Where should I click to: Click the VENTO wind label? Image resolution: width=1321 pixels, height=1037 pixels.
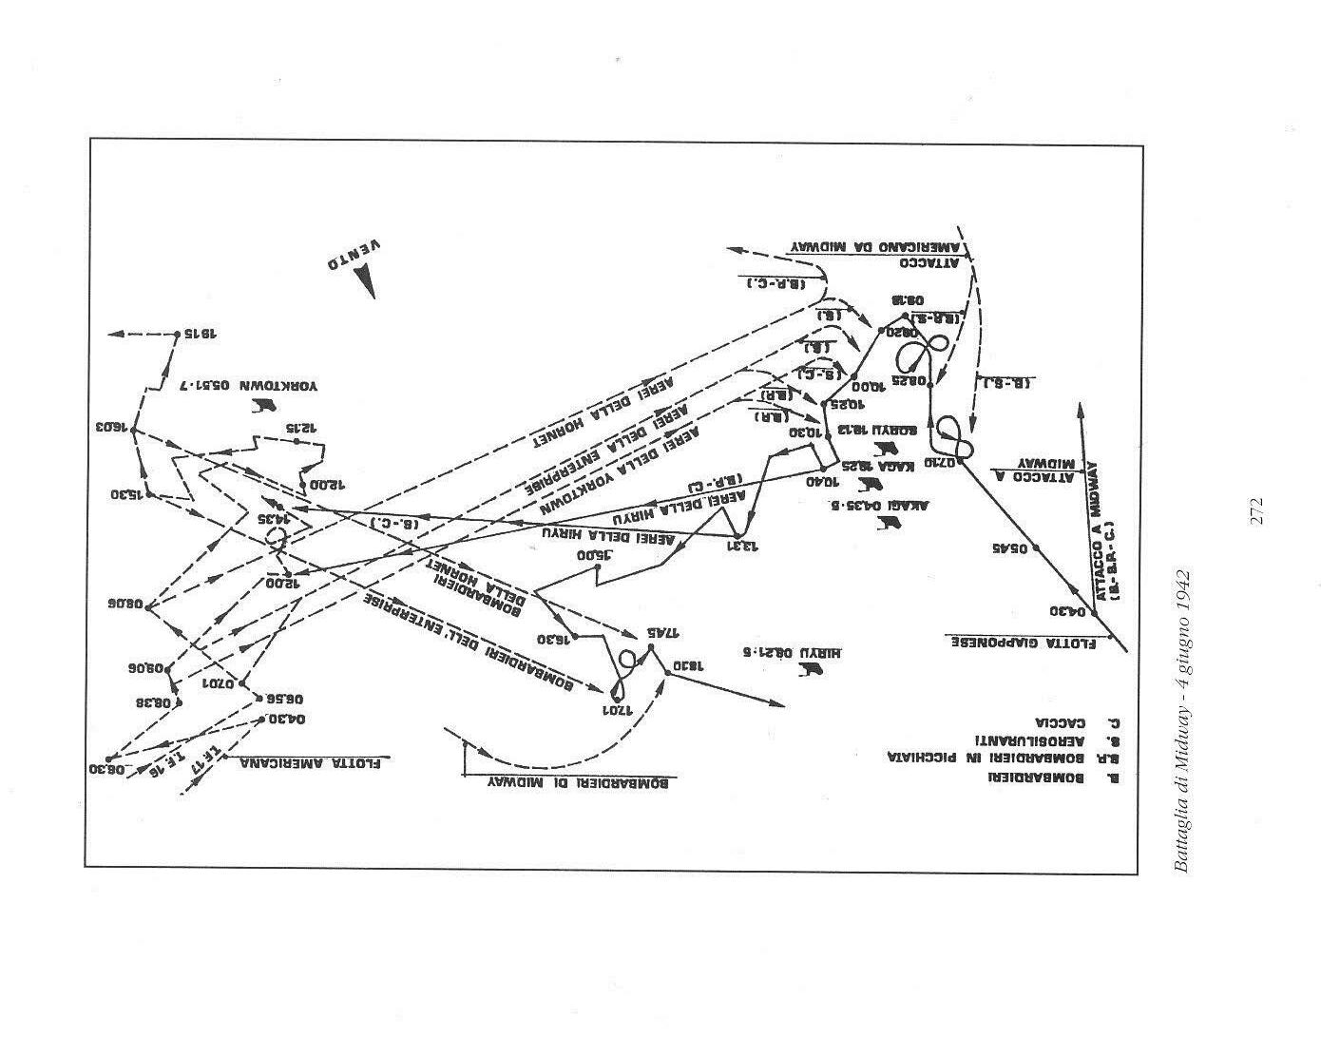(354, 254)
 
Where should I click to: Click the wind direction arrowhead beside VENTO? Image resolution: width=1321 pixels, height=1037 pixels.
(364, 281)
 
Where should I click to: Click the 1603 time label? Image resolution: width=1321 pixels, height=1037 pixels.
(112, 427)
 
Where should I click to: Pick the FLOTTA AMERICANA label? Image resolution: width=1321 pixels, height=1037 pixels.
(315, 761)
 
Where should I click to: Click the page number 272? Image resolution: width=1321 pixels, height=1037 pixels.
(1256, 510)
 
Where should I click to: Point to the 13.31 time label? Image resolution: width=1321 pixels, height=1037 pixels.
(746, 545)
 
